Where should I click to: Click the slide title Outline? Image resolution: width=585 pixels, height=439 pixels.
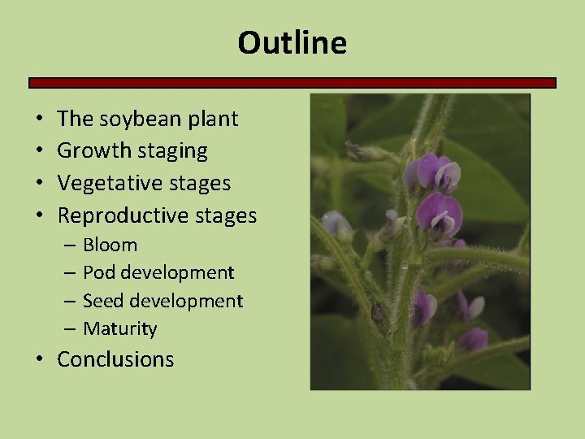pyautogui.click(x=292, y=43)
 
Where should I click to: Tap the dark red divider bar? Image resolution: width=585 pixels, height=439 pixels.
pyautogui.click(x=292, y=83)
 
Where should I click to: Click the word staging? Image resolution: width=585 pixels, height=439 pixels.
pyautogui.click(x=171, y=151)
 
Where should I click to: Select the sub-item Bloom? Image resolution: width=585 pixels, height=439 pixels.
pyautogui.click(x=110, y=245)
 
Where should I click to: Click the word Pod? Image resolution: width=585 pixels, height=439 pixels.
pyautogui.click(x=99, y=272)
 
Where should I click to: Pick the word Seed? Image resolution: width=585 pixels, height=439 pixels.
pyautogui.click(x=102, y=301)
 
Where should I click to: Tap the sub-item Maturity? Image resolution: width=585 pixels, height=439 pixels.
pyautogui.click(x=119, y=329)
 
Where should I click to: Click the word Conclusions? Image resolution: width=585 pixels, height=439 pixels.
pyautogui.click(x=115, y=359)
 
